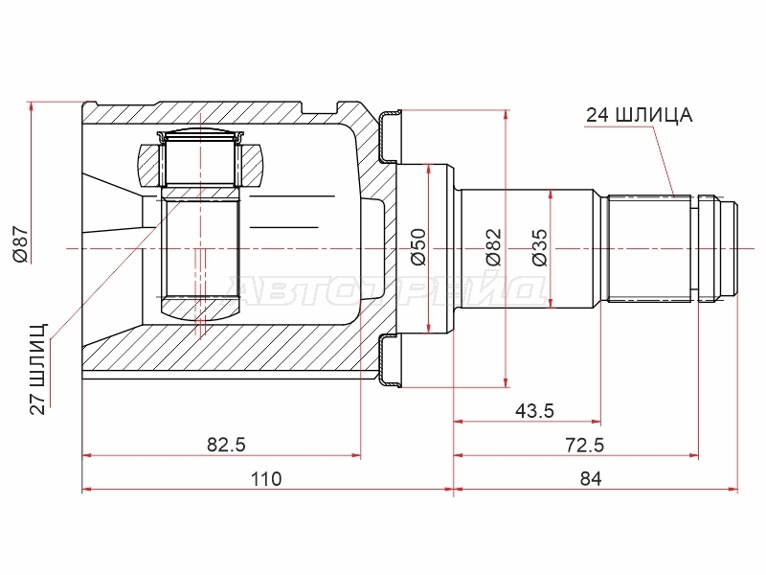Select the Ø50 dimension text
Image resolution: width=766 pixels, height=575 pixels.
tap(418, 247)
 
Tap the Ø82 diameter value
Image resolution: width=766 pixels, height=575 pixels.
tap(493, 247)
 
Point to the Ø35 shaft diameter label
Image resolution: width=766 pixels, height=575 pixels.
tap(540, 247)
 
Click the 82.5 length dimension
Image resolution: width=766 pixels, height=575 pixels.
tap(226, 445)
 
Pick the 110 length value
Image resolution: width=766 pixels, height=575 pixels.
tap(266, 478)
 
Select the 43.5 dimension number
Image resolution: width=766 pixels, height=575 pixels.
tap(534, 411)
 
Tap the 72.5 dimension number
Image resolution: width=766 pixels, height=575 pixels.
tap(585, 445)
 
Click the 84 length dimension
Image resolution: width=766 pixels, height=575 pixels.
tap(591, 478)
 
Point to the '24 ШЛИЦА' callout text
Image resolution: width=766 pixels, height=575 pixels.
tap(639, 115)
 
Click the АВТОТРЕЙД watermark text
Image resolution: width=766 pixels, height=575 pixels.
tap(386, 291)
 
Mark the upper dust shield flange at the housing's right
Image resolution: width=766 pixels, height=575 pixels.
tap(390, 136)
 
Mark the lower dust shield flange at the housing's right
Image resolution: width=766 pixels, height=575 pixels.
tap(390, 361)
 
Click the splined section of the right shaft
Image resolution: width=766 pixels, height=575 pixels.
tap(649, 248)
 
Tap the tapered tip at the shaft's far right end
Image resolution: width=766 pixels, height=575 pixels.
tap(729, 248)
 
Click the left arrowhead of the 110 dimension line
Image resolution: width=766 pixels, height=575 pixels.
tap(86, 489)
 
